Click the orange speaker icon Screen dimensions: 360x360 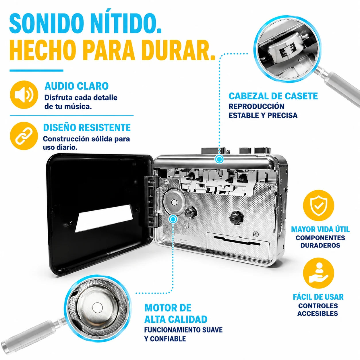pyautogui.click(x=24, y=95)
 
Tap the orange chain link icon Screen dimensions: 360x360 pyautogui.click(x=24, y=136)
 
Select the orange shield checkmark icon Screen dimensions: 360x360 pyautogui.click(x=318, y=205)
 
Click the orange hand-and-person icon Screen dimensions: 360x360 pyautogui.click(x=318, y=273)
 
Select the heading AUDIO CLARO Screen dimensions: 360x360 pyautogui.click(x=77, y=86)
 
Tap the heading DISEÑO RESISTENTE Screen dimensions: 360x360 pyautogui.click(x=87, y=127)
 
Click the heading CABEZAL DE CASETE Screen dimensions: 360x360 pyautogui.click(x=273, y=96)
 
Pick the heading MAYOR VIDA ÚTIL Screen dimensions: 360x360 pyautogui.click(x=320, y=229)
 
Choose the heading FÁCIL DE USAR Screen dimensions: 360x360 pyautogui.click(x=318, y=297)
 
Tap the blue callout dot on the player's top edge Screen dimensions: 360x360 pyautogui.click(x=219, y=159)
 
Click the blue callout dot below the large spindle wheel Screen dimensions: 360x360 pyautogui.click(x=173, y=219)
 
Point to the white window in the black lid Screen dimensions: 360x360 pyautogui.click(x=104, y=218)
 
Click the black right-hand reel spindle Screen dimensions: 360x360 pyautogui.click(x=237, y=218)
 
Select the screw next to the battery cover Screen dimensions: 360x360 pyautogui.click(x=256, y=233)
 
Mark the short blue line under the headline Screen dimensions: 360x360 pyautogui.click(x=36, y=71)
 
